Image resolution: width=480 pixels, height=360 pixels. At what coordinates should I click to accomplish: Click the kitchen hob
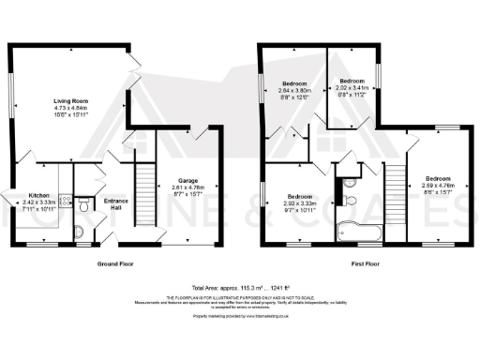pyautogui.click(x=63, y=200)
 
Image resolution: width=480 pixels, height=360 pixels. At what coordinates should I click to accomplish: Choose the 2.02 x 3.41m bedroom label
pyautogui.click(x=352, y=82)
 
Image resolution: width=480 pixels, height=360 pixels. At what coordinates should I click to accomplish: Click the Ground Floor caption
pyautogui.click(x=115, y=264)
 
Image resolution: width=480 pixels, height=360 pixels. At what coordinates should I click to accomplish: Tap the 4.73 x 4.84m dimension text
pyautogui.click(x=70, y=109)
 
